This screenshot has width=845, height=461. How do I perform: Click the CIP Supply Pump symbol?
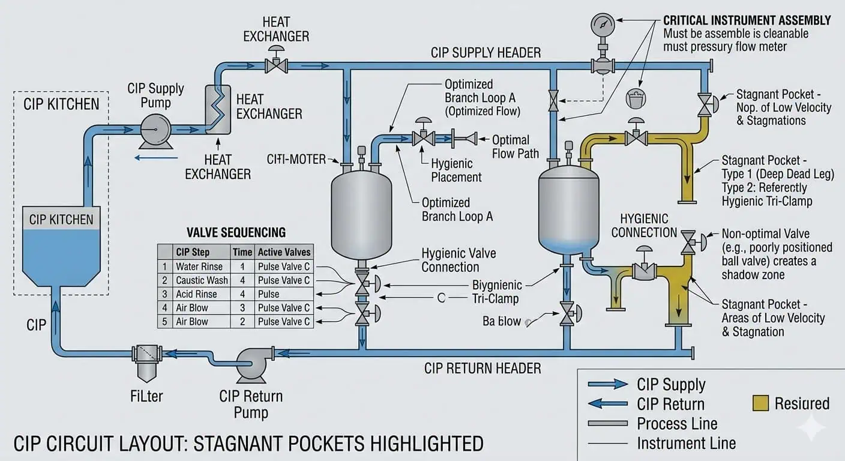pos(155,128)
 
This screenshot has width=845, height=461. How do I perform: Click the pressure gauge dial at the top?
pos(603,25)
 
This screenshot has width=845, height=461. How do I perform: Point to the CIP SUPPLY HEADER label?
pos(486,52)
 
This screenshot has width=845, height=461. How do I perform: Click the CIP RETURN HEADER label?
pos(483,368)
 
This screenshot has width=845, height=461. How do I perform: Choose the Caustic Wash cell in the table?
pos(202,280)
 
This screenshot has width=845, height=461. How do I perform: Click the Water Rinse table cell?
pos(199,267)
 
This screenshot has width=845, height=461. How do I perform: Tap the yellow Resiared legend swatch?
pos(760,403)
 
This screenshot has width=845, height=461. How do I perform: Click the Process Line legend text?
pos(677,424)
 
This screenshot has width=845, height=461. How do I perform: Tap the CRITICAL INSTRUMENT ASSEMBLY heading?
pos(747,20)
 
